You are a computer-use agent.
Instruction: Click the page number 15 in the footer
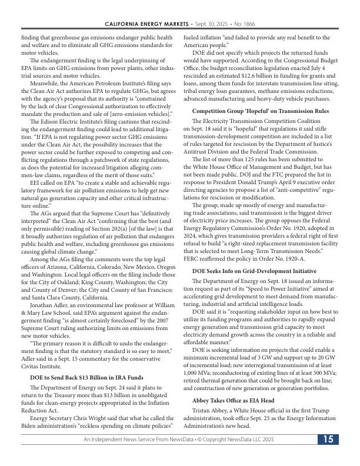coord(328,440)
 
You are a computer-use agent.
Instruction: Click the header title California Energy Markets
coord(147,24)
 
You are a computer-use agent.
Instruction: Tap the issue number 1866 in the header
coord(249,24)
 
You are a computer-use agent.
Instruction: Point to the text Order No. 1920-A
coord(281,258)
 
